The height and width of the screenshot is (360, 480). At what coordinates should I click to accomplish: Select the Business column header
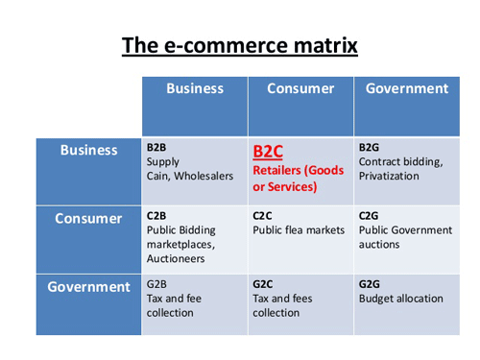pos(194,89)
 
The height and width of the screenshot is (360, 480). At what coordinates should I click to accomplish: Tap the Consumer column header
pos(300,89)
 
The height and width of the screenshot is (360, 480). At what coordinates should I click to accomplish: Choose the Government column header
pos(407,89)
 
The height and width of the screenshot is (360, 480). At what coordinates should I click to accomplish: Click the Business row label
pos(88,151)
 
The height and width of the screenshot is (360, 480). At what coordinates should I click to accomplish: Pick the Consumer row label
pos(87,219)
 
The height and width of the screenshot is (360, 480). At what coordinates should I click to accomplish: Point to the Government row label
pos(88,287)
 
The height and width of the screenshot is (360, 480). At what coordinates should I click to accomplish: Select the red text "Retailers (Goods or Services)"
pos(298,177)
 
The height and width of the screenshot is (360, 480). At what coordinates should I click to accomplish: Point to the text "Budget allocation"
pos(401,299)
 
